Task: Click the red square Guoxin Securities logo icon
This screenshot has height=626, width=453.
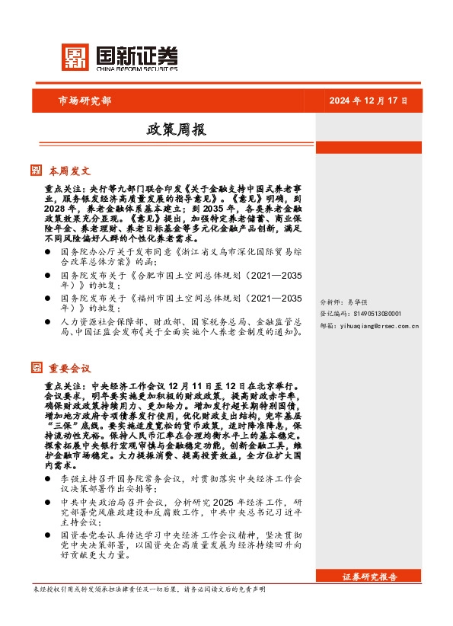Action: pos(75,56)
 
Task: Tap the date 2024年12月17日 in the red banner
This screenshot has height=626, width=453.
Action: pos(369,101)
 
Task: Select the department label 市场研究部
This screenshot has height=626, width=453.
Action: pos(85,101)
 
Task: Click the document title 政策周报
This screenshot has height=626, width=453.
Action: pos(176,130)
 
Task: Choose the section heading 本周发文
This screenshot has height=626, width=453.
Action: pos(69,171)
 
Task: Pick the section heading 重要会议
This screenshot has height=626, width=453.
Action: pos(69,368)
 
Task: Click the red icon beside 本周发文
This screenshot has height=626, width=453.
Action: pos(36,171)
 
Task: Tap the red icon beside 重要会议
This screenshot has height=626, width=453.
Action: pos(36,368)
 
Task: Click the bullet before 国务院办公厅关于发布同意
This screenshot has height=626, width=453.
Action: pos(48,251)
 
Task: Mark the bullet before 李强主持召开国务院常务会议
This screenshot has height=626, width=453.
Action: pos(48,480)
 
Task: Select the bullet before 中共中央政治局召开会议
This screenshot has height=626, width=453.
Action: pos(48,503)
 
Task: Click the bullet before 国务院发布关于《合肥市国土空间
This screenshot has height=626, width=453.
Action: pos(48,274)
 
